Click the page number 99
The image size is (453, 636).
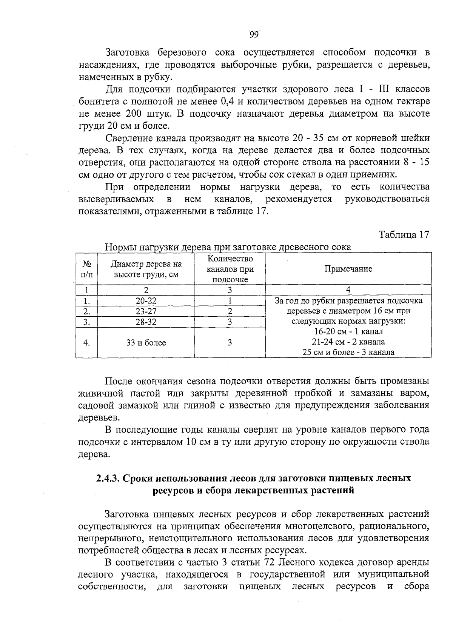click(x=254, y=35)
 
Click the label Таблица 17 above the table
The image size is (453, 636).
click(x=404, y=234)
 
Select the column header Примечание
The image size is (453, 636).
click(x=348, y=269)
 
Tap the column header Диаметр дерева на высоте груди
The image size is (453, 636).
click(x=146, y=269)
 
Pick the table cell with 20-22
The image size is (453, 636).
click(x=146, y=301)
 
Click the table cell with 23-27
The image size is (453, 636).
click(x=146, y=311)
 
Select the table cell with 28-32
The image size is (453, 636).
click(x=146, y=322)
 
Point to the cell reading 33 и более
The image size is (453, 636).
click(x=146, y=343)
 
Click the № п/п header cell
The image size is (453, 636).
click(x=86, y=269)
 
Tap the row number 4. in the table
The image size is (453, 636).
click(x=86, y=343)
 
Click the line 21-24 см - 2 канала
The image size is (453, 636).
click(x=348, y=342)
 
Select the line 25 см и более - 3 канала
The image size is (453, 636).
click(x=348, y=353)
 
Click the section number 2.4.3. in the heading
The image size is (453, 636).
click(x=108, y=479)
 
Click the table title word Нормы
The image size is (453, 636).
click(x=120, y=247)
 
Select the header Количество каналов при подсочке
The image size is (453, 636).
click(x=230, y=269)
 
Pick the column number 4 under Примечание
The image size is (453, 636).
click(x=348, y=290)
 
